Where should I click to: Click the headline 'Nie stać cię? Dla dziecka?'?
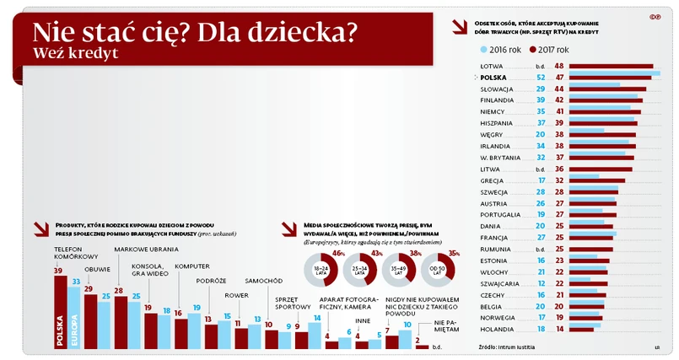[194, 33]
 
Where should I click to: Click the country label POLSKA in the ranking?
[493, 77]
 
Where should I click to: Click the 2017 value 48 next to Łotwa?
[559, 66]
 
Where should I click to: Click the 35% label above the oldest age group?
[454, 253]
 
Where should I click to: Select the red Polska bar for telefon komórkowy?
[60, 312]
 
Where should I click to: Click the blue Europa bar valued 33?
[75, 316]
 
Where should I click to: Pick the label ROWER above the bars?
[238, 295]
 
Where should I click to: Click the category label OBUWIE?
[98, 269]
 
